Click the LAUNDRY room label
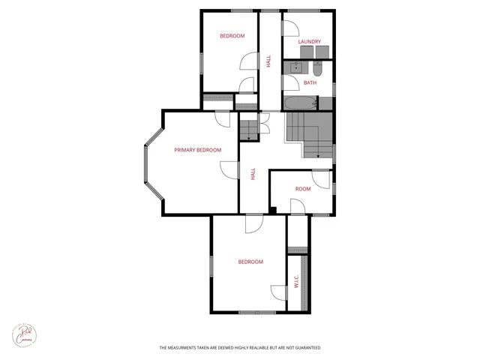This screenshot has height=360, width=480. (x=309, y=41)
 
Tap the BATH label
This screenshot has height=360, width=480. (x=310, y=83)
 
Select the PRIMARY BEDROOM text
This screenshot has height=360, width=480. (x=197, y=150)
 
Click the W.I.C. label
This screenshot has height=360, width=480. (x=296, y=282)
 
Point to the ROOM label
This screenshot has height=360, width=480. (x=302, y=189)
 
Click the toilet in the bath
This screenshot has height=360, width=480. (x=316, y=70)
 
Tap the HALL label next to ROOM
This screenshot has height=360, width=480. (x=253, y=173)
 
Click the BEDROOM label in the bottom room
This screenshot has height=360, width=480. (x=250, y=262)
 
